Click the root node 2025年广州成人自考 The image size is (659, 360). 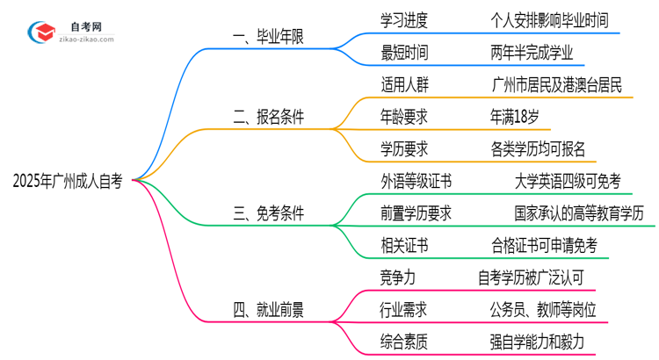(68, 181)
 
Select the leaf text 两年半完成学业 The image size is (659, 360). (532, 53)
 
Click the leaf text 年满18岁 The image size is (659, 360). (520, 115)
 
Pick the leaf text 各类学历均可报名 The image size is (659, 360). (538, 148)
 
